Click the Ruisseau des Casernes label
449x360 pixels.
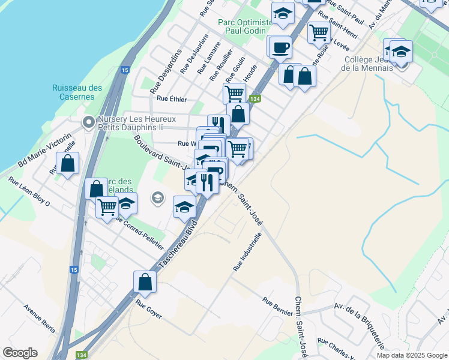pyautogui.click(x=77, y=92)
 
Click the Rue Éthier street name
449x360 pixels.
pyautogui.click(x=172, y=99)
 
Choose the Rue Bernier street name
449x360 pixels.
pyautogui.click(x=277, y=306)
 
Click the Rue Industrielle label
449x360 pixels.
pyautogui.click(x=247, y=250)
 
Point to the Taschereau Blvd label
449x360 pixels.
pyautogui.click(x=178, y=247)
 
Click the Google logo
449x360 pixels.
pyautogui.click(x=20, y=353)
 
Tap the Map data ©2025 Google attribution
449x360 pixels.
pyautogui.click(x=412, y=355)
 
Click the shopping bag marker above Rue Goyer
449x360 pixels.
pyautogui.click(x=145, y=281)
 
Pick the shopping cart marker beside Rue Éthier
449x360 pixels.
pyautogui.click(x=234, y=93)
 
